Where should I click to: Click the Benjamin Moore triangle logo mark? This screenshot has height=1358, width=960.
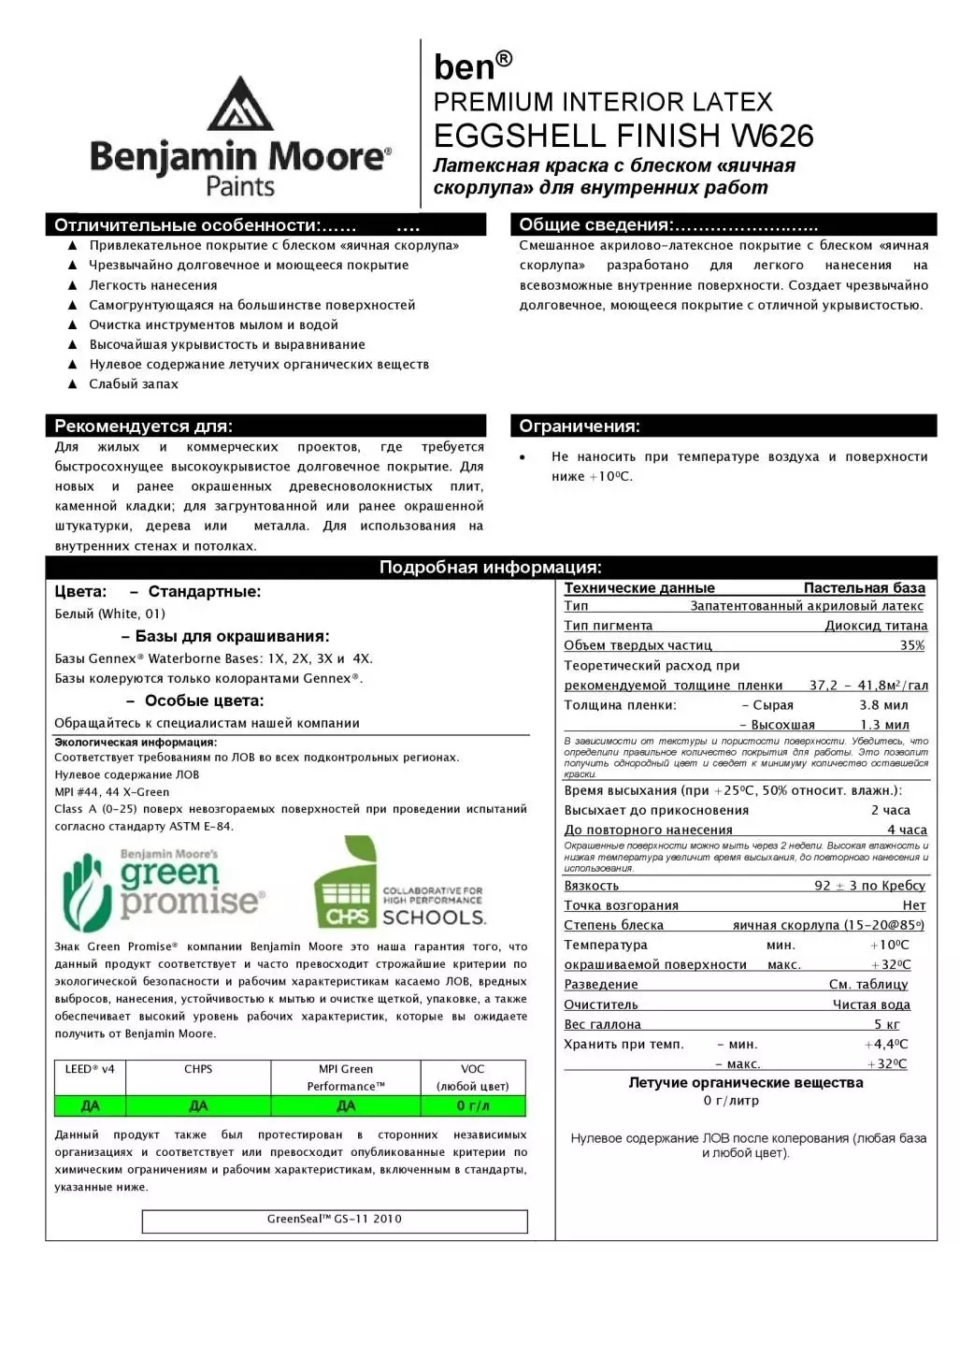coord(240,104)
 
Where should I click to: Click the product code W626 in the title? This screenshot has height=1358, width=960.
coord(772,137)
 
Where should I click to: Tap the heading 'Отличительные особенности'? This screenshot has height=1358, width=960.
coord(187,225)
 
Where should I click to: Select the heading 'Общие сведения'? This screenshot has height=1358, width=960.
coord(595,224)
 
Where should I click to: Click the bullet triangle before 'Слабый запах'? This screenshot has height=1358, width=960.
coord(73,384)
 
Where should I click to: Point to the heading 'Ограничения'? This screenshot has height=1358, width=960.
coord(580,426)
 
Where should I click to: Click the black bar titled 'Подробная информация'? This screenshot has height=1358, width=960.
coord(491,568)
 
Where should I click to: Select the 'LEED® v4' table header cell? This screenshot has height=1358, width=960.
coord(90,1069)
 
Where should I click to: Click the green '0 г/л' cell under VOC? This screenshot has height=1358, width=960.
coord(473,1106)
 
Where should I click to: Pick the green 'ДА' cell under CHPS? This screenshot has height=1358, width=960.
coord(198,1106)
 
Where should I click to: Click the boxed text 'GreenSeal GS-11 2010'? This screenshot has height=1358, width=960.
coord(335,1220)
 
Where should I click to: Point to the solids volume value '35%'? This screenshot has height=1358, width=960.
coord(912,645)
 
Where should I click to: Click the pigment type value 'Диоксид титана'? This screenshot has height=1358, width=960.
coord(876,626)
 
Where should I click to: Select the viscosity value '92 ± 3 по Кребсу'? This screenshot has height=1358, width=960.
coord(869,886)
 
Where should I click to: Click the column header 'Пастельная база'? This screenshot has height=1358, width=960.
coord(864,588)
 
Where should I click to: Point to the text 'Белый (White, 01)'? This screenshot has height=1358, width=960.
coord(110,614)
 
